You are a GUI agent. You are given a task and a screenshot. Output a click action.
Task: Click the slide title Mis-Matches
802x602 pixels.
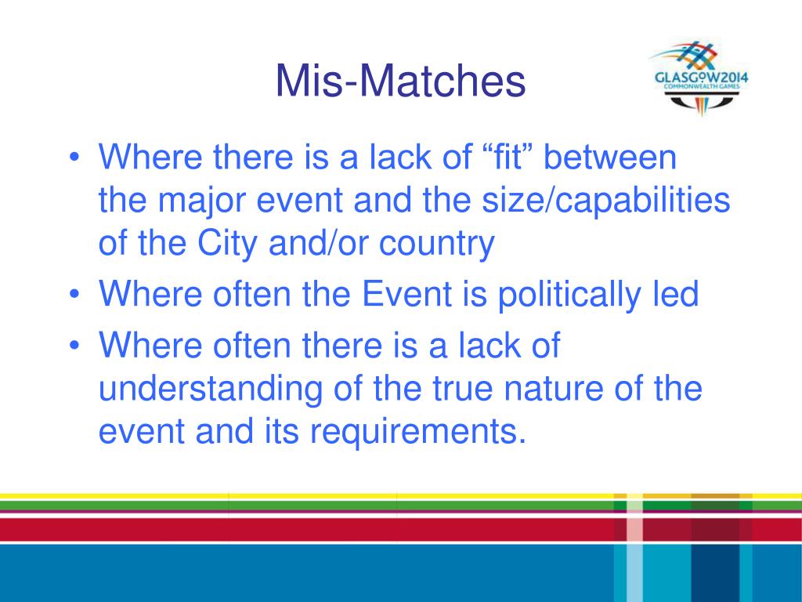400,81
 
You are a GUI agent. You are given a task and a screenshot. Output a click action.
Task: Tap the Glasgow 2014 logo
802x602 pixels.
700,78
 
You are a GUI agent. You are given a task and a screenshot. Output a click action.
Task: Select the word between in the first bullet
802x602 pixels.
609,156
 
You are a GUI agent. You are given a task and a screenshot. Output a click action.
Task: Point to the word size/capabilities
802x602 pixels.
605,201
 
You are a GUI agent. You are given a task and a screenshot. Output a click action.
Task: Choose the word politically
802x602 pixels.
569,296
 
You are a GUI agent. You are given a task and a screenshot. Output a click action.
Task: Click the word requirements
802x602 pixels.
418,432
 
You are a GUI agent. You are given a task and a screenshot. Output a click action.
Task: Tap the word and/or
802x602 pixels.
318,243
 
